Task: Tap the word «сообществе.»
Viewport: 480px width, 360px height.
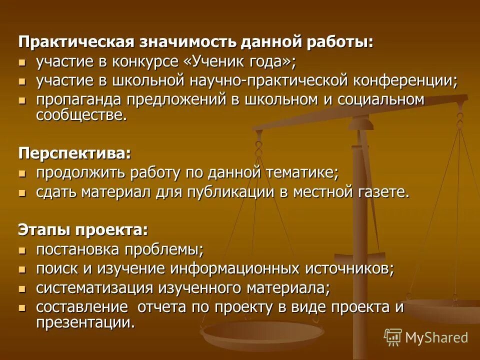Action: [x=81, y=115]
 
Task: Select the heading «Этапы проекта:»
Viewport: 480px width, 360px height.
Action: [x=83, y=229]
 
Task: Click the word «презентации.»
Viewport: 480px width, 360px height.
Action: [x=85, y=322]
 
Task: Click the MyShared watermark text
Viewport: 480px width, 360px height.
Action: [x=436, y=337]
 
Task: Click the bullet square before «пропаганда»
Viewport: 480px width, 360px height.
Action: [x=21, y=100]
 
